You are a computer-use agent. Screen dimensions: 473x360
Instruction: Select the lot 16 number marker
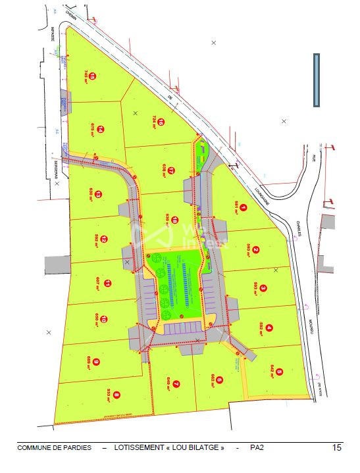pos(161,120)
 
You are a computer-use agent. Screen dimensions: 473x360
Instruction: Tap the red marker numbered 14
pos(101,130)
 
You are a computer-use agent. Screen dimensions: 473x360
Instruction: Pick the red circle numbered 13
pos(98,194)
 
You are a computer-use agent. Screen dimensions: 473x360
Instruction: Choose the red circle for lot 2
pos(255,249)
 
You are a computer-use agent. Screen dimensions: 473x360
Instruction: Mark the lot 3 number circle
pos(263,287)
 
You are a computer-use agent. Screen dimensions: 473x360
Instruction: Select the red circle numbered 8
pos(116,395)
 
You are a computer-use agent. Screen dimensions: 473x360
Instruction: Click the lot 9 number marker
pos(97,361)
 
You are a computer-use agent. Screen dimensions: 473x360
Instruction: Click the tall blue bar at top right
pos(316,80)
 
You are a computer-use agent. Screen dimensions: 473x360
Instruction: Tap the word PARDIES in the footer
pos(81,448)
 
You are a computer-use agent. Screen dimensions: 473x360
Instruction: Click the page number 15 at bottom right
pos(337,448)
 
